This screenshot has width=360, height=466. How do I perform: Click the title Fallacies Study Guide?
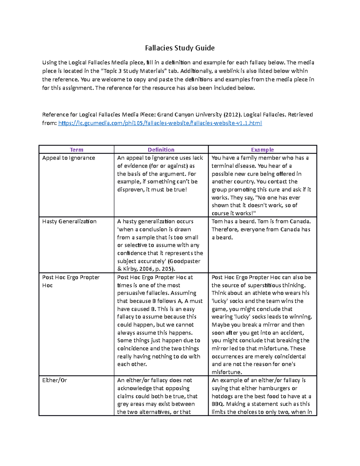coord(180,48)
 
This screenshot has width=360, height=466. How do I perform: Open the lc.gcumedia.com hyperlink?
coord(160,123)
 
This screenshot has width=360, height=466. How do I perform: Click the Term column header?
coord(76,150)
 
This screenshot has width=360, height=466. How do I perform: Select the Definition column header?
coord(161,150)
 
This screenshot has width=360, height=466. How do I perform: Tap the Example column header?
coord(262,150)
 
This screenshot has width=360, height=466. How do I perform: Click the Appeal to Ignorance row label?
coord(69,158)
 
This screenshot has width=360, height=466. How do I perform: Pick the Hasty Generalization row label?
coord(69,221)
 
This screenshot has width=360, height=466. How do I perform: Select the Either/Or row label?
coord(55,380)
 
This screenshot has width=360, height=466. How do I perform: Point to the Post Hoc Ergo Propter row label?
coord(71,278)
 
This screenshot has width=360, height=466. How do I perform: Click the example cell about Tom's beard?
coord(261,230)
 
